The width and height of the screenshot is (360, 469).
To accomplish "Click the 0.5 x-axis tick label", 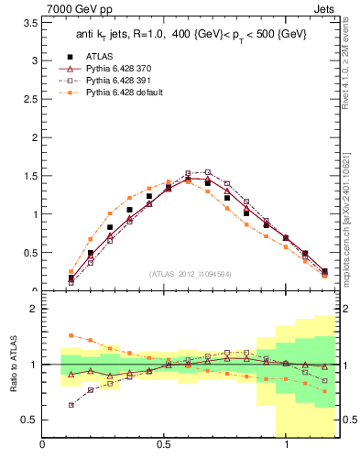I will click(164, 445).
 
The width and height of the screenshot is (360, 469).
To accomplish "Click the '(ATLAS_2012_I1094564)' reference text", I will click(188, 273).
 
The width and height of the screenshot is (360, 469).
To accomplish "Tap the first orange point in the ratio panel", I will click(71, 335).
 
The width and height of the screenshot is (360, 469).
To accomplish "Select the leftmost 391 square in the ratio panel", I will click(71, 405).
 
